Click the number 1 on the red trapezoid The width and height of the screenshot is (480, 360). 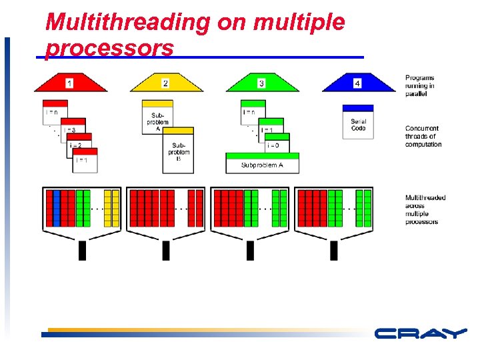[69, 83]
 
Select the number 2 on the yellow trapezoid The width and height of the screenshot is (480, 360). [165, 83]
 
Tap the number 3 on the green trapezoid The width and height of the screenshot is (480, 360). [261, 83]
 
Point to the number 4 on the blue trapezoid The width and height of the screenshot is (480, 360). [357, 83]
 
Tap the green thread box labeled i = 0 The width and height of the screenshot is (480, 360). [273, 144]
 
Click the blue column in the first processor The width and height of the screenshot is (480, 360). [57, 208]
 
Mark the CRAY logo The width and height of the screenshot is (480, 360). [419, 333]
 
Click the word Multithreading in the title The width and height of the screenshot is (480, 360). [127, 23]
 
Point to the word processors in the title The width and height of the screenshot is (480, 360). [109, 49]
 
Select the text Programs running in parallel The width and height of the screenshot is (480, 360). [420, 85]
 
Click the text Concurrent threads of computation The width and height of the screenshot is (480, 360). [423, 136]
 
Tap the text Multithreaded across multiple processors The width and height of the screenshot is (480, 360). [425, 209]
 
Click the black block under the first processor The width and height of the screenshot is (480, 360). [83, 250]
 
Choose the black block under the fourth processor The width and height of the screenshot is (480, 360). [335, 250]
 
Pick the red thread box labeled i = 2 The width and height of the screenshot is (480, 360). [79, 144]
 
